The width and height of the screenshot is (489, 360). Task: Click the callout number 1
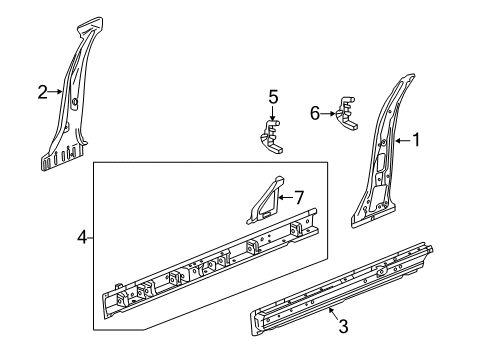(416, 141)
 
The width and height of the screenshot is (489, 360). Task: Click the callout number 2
(42, 93)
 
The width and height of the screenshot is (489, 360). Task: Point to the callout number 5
(272, 98)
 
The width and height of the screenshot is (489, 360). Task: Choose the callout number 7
(297, 197)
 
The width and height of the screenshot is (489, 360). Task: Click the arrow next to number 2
(54, 93)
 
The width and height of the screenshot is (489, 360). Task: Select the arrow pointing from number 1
(402, 141)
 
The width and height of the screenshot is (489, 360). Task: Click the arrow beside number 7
(284, 197)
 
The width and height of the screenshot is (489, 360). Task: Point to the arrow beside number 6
(330, 115)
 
